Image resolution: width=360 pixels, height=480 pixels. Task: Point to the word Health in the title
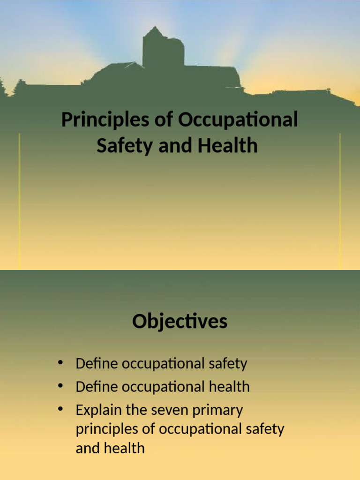point(227,145)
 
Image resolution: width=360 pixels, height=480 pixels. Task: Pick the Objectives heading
point(180,322)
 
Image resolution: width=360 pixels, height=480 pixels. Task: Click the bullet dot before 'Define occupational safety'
point(60,362)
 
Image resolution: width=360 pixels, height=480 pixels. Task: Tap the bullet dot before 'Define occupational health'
point(60,386)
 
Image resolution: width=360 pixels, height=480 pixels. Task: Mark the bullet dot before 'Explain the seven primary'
point(60,409)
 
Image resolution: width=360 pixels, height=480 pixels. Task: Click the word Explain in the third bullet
point(97,410)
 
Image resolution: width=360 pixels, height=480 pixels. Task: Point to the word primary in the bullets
point(218,411)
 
